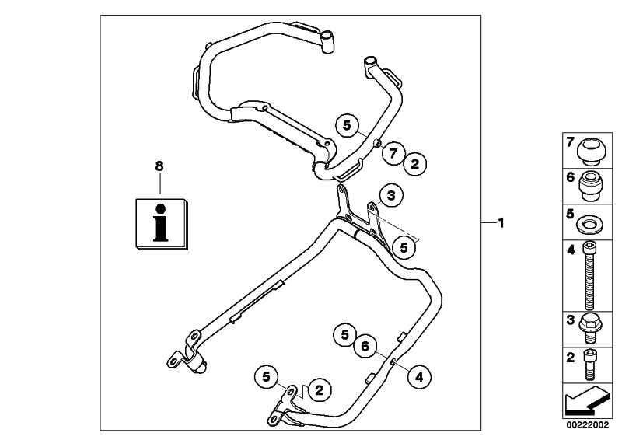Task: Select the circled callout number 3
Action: (x=391, y=197)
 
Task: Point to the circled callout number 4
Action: (x=418, y=378)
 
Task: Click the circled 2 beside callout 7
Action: (x=415, y=163)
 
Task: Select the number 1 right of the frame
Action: (x=501, y=222)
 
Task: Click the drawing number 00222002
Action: (x=588, y=424)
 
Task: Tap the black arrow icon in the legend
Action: (x=588, y=400)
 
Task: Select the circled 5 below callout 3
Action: (x=403, y=247)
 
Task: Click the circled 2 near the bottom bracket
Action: (x=319, y=386)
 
